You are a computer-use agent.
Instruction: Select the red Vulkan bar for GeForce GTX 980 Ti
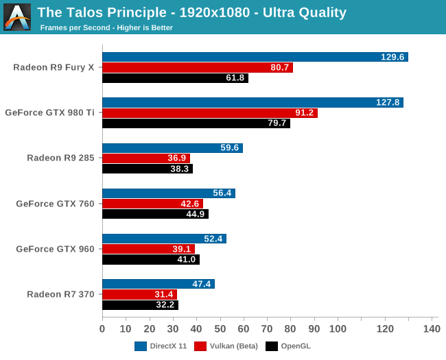[x=209, y=113]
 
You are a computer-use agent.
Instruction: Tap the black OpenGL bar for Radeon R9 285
[x=147, y=169]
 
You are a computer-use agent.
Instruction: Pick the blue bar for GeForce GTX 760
[x=168, y=193]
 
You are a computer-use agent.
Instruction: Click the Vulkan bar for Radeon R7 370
[x=139, y=294]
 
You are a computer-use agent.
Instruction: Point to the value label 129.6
[x=393, y=57]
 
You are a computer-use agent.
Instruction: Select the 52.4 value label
[x=212, y=239]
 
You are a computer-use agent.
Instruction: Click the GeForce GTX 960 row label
[x=60, y=249]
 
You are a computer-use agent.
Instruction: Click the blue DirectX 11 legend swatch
[x=141, y=346]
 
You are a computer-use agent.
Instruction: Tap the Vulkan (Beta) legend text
[x=234, y=346]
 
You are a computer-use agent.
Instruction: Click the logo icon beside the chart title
[x=17, y=17]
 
